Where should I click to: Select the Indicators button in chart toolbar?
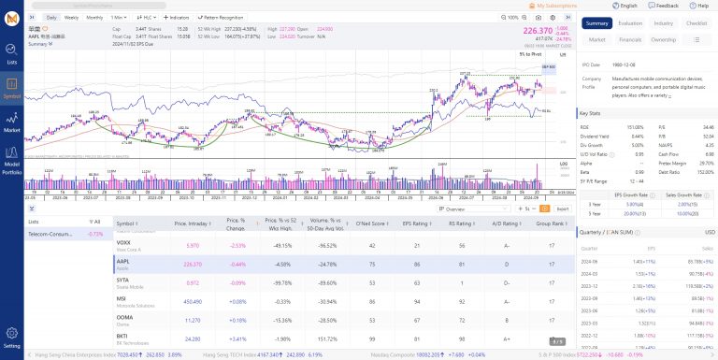pyautogui.click(x=176, y=17)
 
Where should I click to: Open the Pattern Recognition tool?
pyautogui.click(x=221, y=17)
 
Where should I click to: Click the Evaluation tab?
pyautogui.click(x=630, y=23)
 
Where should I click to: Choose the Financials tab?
pyautogui.click(x=630, y=40)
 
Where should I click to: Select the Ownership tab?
pyautogui.click(x=664, y=40)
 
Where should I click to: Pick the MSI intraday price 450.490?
pyautogui.click(x=186, y=301)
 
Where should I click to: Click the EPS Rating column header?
pyautogui.click(x=415, y=224)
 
